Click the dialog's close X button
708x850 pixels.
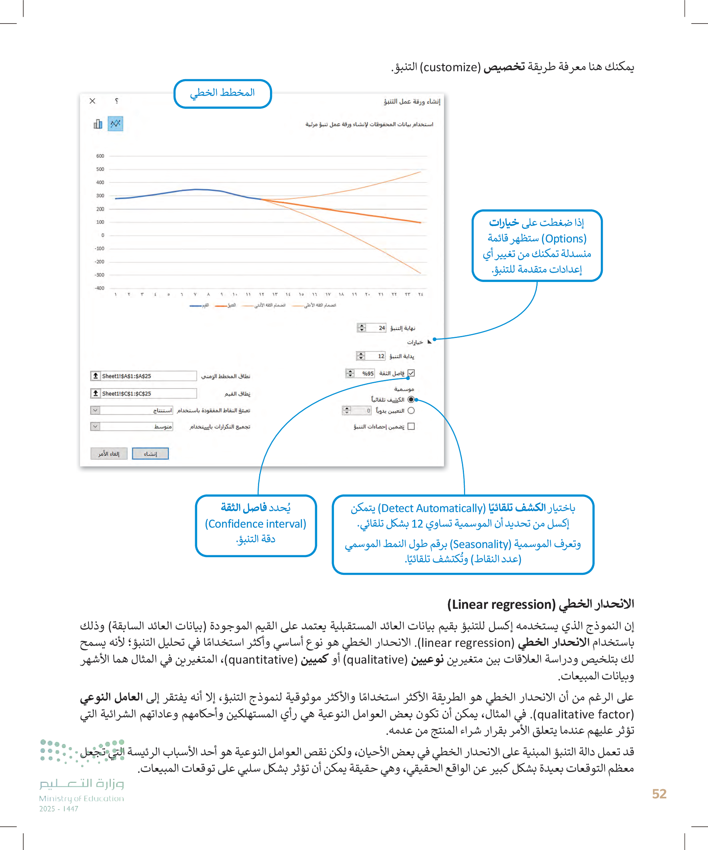point(92,101)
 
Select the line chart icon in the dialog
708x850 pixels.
point(115,124)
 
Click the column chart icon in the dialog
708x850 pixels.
point(98,124)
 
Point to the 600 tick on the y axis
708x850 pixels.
point(100,156)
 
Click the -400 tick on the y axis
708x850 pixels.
point(99,288)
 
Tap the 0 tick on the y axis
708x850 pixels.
point(102,235)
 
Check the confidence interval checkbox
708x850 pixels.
point(411,373)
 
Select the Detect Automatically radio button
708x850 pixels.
point(411,400)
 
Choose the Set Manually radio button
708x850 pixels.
point(411,410)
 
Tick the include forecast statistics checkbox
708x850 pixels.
point(411,426)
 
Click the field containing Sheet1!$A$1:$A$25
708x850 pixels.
point(148,376)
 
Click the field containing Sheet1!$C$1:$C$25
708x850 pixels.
point(148,394)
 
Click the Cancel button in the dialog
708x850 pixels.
point(109,454)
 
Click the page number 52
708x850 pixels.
point(659,794)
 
